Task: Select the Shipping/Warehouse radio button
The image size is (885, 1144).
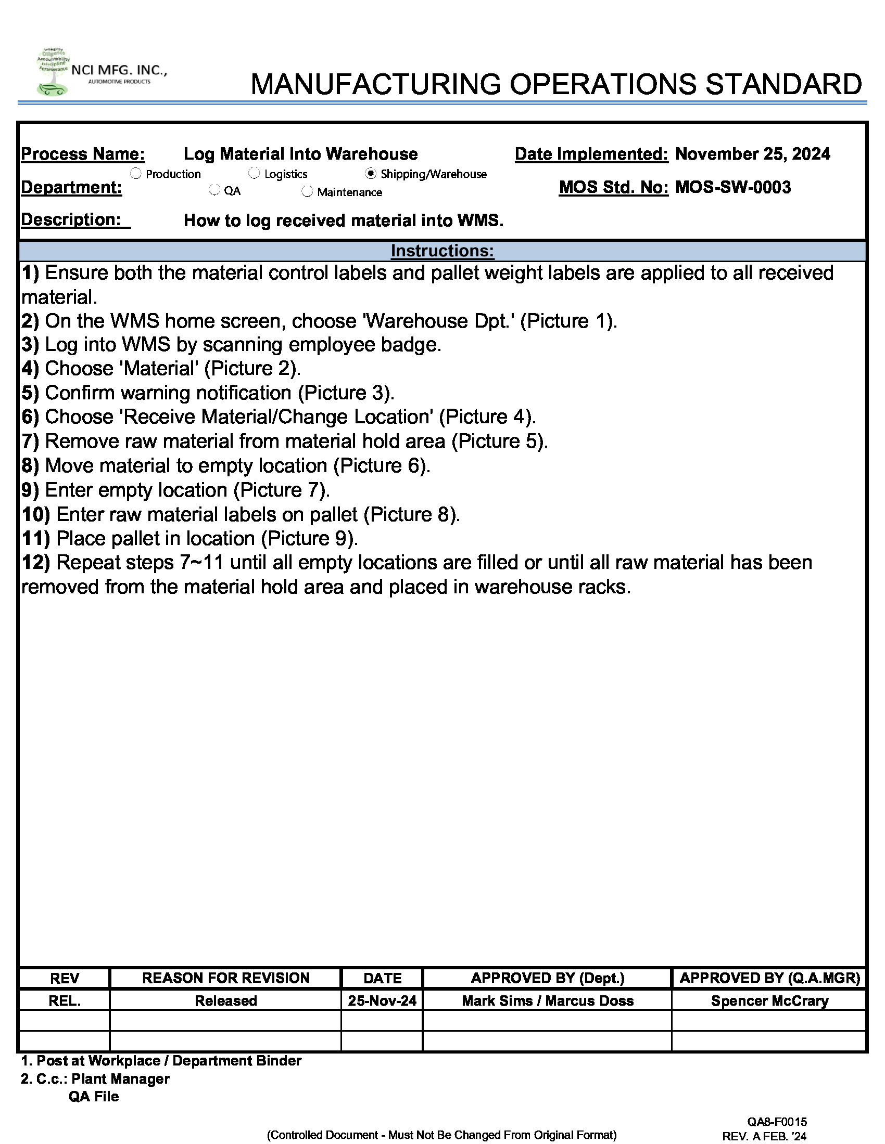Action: (x=371, y=173)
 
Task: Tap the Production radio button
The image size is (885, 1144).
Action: (x=136, y=173)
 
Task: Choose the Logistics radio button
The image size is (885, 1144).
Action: (x=254, y=173)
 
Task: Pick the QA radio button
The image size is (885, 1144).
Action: (x=214, y=190)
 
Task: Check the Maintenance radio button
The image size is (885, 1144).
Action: (x=307, y=192)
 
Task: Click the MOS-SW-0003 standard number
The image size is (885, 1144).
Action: (x=733, y=187)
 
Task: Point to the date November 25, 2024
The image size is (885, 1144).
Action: (x=752, y=154)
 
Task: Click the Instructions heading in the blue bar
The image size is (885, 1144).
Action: (x=442, y=251)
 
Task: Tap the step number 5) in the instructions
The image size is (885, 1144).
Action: (x=30, y=393)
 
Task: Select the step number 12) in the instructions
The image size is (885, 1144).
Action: (x=35, y=563)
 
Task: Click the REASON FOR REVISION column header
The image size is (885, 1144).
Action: (x=225, y=978)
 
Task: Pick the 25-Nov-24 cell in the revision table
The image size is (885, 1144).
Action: (x=382, y=1001)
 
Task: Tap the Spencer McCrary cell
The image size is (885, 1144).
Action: (x=769, y=1001)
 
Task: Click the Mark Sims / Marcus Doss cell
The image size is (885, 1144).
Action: (x=547, y=1001)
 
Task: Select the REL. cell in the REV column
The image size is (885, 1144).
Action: (x=65, y=1001)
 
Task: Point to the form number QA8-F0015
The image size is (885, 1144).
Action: (x=777, y=1122)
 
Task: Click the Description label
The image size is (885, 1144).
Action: (x=71, y=219)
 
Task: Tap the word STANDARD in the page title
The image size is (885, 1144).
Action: (x=783, y=84)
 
